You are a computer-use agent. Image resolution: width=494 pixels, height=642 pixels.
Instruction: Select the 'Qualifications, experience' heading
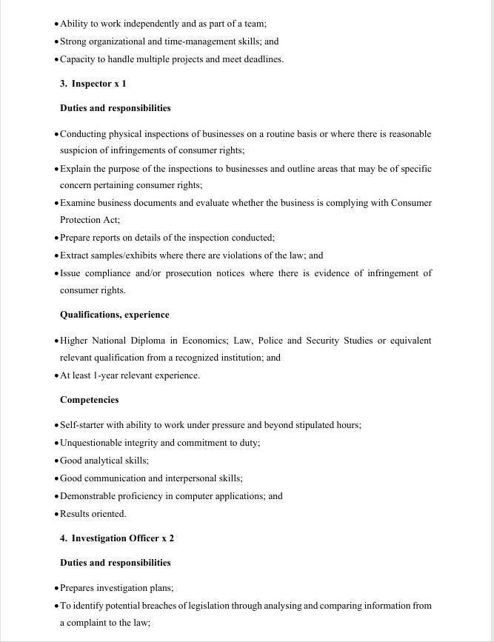114,315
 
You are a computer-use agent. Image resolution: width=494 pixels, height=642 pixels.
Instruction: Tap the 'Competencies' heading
89,400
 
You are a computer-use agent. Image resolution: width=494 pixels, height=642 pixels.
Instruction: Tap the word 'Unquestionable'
93,443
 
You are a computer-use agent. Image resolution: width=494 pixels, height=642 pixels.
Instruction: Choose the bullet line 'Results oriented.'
93,514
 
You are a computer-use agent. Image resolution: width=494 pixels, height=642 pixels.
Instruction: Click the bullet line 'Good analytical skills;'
104,461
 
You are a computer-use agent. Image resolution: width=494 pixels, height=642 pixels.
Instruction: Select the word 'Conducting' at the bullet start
83,134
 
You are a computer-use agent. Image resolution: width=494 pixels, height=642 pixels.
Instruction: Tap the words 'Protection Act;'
90,220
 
